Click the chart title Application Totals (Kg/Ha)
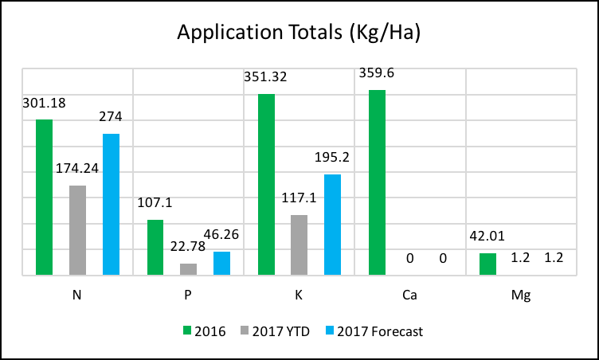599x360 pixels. (x=299, y=33)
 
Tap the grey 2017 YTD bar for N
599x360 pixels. (x=77, y=230)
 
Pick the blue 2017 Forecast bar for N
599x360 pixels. (x=111, y=205)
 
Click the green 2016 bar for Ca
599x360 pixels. (x=377, y=183)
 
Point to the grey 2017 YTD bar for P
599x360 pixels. (x=188, y=269)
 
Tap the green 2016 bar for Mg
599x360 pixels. (x=487, y=264)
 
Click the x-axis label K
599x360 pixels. (x=299, y=295)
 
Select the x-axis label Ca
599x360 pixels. (x=410, y=295)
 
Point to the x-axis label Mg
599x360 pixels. (x=521, y=295)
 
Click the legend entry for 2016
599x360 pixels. (x=204, y=331)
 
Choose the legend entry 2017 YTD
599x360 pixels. (x=276, y=331)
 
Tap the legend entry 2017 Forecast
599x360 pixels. (x=375, y=331)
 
